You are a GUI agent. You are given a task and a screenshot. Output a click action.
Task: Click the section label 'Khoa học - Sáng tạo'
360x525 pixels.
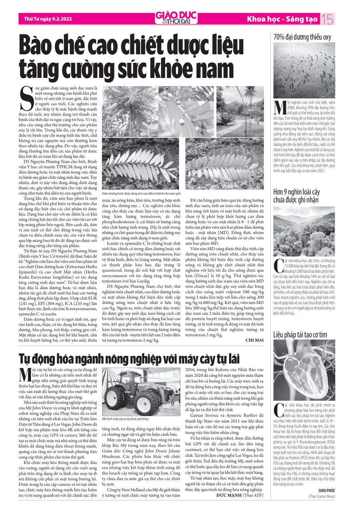(x=282, y=19)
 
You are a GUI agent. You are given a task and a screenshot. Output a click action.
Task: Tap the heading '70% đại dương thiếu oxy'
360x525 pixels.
(x=302, y=37)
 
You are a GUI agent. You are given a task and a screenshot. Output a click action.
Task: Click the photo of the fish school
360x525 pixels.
(x=304, y=70)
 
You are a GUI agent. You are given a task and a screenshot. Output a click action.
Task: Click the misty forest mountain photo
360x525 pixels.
(x=304, y=231)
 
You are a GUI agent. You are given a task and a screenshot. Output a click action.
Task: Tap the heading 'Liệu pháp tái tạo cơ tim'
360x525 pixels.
(x=300, y=345)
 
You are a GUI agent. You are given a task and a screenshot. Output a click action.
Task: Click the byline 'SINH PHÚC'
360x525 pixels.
(x=326, y=490)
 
